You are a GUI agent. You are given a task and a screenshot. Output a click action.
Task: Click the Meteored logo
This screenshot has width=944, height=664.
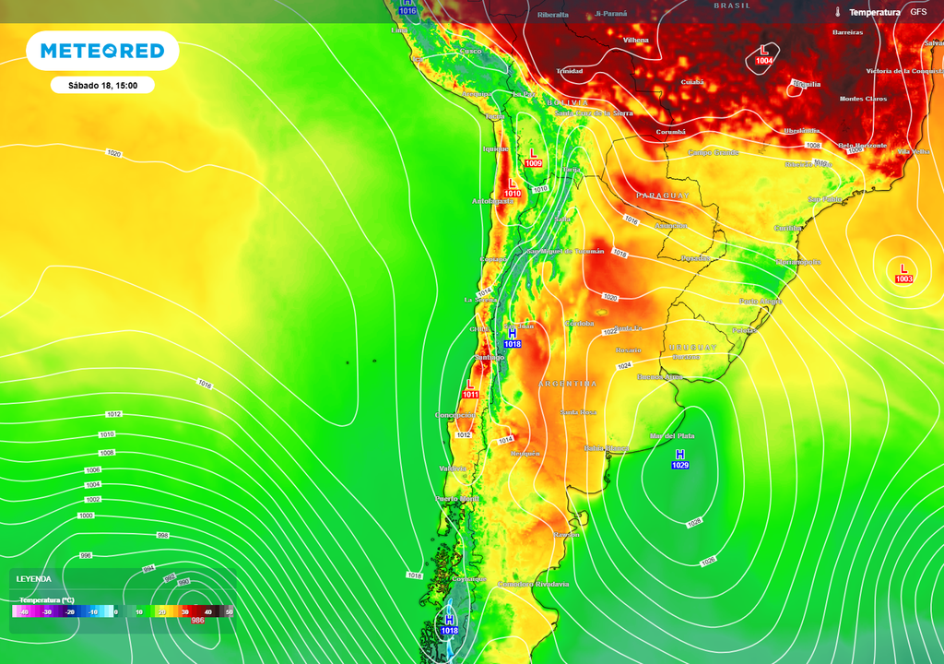point(102,51)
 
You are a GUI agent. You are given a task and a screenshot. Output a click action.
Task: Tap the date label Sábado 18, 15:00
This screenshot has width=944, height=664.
point(102,85)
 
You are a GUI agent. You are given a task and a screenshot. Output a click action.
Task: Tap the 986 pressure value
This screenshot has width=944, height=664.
point(197,621)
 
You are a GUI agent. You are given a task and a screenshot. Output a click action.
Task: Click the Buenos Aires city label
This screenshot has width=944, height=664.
point(660,376)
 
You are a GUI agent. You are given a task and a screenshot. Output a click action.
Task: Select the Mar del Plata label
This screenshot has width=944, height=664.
point(672,435)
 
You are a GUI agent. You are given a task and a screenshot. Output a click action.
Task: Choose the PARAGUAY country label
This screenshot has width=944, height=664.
point(664,196)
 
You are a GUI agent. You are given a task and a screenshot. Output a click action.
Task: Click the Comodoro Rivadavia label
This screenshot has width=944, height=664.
point(533,584)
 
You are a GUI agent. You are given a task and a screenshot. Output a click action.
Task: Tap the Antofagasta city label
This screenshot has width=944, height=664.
point(493,201)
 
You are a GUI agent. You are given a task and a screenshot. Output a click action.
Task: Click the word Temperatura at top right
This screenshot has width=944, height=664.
point(874,12)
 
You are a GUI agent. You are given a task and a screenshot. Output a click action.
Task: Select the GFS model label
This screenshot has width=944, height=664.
point(918,12)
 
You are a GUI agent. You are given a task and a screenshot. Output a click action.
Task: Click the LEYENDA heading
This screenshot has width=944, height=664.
point(34,579)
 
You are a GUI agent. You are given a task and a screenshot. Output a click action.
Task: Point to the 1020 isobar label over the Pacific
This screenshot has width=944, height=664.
point(114,152)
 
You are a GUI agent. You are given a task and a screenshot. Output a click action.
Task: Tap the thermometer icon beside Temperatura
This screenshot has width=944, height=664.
point(838,12)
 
